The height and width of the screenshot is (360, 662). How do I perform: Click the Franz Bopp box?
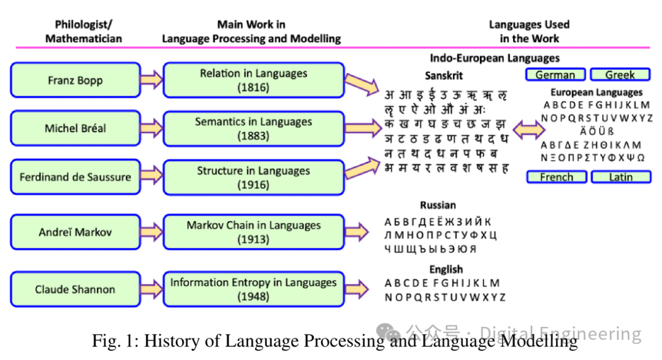click(75, 80)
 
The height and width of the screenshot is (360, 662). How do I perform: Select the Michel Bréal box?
click(75, 128)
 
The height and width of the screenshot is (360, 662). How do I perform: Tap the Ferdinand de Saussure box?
click(75, 177)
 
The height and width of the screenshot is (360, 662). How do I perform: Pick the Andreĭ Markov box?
click(75, 232)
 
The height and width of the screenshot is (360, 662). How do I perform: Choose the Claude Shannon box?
click(75, 289)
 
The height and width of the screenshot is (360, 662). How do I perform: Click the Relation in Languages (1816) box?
click(253, 80)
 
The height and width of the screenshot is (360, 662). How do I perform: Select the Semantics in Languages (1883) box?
click(253, 128)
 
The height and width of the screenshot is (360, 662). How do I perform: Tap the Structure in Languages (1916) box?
click(253, 177)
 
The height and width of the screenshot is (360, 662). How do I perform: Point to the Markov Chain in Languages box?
click(253, 232)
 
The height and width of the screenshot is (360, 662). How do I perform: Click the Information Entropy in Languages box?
click(253, 289)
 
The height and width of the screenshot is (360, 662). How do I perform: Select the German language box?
click(555, 75)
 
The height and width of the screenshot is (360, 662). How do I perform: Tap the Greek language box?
click(620, 75)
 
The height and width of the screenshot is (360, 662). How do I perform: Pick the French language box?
click(557, 177)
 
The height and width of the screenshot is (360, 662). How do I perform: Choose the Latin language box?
click(620, 177)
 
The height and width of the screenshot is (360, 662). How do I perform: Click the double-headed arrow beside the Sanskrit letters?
click(528, 129)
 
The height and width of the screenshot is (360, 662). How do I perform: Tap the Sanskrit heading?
click(444, 76)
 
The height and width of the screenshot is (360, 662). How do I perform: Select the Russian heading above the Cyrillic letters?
click(438, 205)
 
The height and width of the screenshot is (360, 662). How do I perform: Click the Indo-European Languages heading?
click(494, 58)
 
